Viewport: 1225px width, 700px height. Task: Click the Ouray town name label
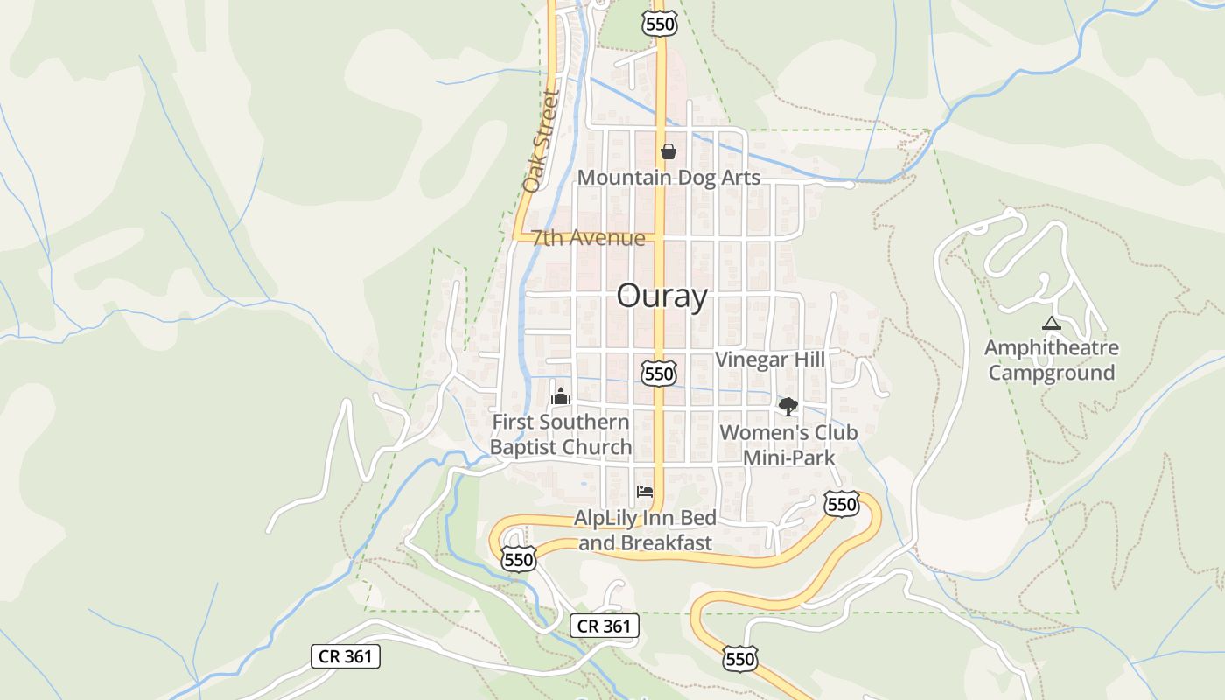[661, 297]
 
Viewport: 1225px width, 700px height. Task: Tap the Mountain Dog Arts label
[668, 178]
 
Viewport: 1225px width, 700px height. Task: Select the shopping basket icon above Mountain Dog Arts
[668, 151]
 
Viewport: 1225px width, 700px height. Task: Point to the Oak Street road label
[540, 141]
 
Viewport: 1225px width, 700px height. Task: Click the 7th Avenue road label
[588, 238]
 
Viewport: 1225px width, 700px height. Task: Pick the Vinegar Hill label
[770, 360]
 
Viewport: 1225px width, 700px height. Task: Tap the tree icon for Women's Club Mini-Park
[788, 406]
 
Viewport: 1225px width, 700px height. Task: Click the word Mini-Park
[788, 458]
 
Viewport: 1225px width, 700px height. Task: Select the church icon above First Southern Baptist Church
[560, 396]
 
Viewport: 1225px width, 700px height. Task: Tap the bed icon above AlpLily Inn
[645, 491]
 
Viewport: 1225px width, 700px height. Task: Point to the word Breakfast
[666, 542]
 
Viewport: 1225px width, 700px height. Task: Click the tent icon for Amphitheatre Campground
[1052, 324]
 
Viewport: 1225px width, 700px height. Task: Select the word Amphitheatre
[1051, 348]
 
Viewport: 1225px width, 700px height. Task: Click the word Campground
[1051, 373]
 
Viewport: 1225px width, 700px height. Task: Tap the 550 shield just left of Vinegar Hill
[658, 374]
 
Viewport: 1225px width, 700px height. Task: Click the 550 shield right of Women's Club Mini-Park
[841, 504]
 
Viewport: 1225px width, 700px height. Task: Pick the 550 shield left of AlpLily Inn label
[518, 559]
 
